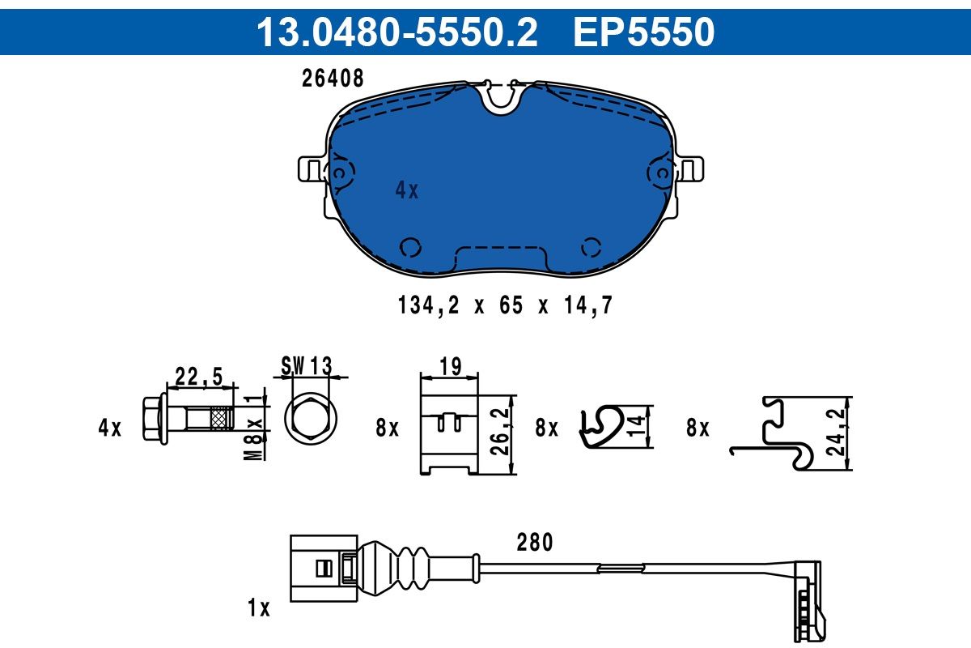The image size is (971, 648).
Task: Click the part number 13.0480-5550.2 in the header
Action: click(397, 32)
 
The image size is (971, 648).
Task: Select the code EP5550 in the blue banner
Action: click(644, 32)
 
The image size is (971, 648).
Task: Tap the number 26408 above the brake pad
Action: click(333, 79)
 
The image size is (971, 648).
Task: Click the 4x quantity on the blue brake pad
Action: click(406, 190)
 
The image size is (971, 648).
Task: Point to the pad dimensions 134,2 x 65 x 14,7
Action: click(505, 305)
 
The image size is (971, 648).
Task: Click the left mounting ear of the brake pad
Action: click(312, 168)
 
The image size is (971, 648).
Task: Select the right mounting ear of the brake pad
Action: click(690, 168)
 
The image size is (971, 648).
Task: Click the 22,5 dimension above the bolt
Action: click(198, 376)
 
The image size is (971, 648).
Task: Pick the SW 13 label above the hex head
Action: click(306, 365)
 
